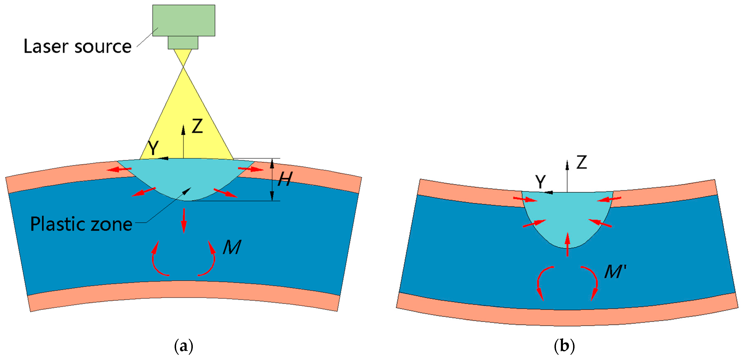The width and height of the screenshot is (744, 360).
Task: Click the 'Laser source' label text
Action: coord(77,47)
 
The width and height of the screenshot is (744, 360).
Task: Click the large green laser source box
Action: coord(184,20)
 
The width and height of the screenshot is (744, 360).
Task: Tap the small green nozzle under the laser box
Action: coord(183,42)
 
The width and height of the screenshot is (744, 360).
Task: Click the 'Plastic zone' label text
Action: coord(81,224)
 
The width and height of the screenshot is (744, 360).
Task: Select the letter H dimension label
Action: coord(285,179)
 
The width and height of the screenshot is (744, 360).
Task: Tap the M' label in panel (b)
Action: coord(615,271)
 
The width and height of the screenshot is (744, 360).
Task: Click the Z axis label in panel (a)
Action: coord(198,126)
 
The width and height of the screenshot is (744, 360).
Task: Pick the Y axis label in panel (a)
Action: coord(153,148)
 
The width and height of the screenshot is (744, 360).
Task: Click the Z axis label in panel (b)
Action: coord(582,162)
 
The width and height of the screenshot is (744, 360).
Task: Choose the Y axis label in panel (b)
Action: coord(540,182)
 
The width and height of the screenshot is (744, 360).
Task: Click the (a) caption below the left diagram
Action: coord(184,346)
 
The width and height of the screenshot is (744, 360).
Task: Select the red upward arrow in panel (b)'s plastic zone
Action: coord(568,244)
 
